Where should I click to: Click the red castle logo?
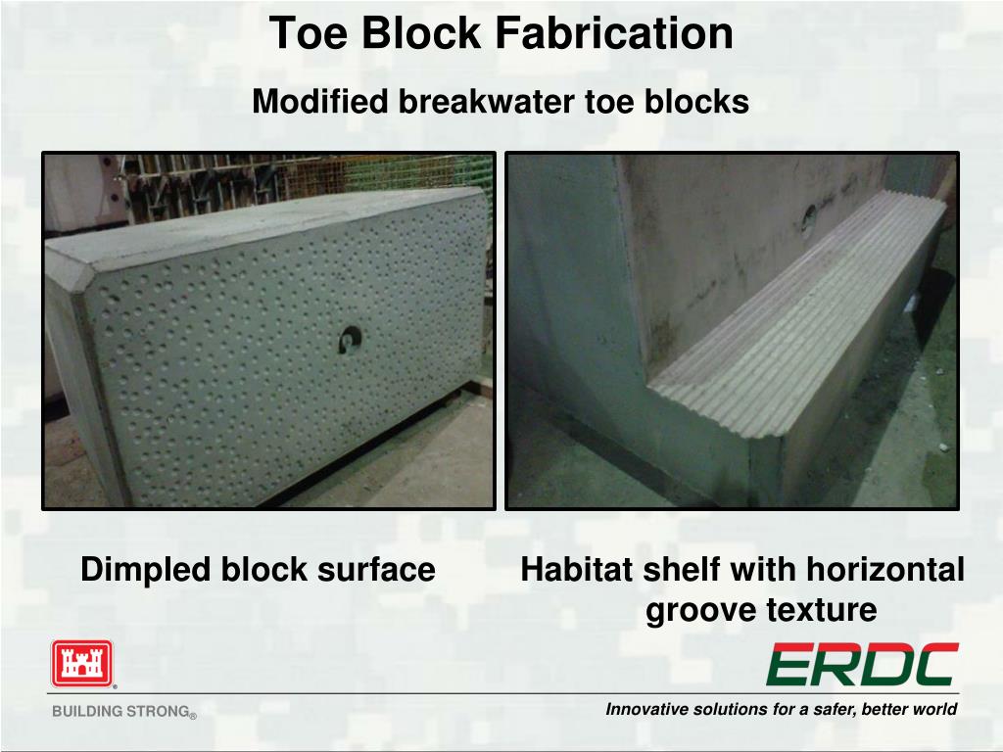click(82, 664)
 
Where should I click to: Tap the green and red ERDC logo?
click(862, 665)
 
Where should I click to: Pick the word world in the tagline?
click(937, 709)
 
